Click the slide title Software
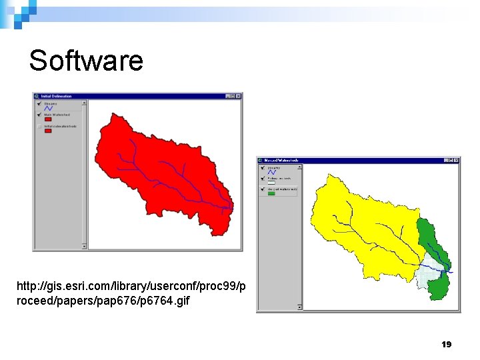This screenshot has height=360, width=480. [86, 61]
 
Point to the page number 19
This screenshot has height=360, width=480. [447, 345]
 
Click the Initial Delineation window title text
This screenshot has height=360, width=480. [57, 96]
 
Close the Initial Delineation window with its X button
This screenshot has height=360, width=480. [239, 96]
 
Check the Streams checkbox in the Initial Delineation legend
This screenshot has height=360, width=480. [40, 103]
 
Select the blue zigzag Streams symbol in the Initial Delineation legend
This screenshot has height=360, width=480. [48, 109]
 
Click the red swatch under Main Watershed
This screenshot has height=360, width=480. [48, 120]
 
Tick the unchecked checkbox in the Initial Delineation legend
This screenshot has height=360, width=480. [40, 126]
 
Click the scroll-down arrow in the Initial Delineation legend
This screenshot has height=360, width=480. [84, 246]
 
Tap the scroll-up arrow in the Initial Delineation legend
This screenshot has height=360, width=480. [84, 103]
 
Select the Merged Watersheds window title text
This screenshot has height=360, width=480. [281, 161]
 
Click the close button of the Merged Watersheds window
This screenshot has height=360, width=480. [457, 161]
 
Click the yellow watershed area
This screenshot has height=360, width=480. [360, 220]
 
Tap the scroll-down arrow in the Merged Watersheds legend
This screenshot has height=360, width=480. [299, 307]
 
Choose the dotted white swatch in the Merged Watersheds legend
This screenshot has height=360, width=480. [271, 183]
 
